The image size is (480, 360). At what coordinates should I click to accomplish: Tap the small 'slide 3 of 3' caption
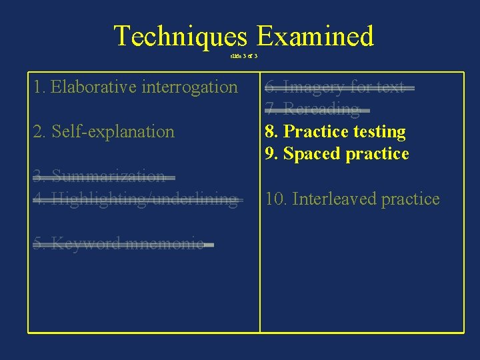(243, 56)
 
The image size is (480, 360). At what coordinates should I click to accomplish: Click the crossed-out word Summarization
(108, 177)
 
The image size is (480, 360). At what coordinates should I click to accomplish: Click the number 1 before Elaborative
(38, 87)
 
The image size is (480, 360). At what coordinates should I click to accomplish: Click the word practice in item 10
(409, 199)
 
